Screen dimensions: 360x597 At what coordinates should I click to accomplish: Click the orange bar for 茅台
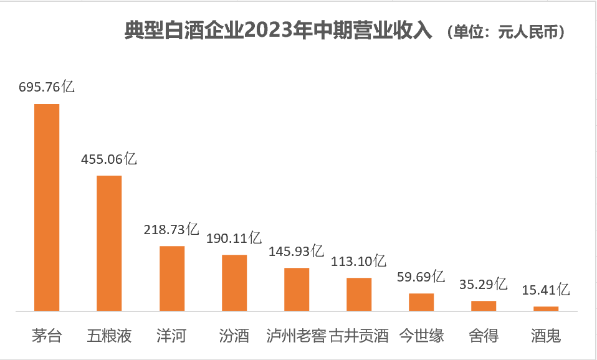47,207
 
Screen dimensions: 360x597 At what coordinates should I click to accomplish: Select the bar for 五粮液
109,243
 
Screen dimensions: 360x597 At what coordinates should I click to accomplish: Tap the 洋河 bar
172,278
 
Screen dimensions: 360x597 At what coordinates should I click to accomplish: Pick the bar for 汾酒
234,283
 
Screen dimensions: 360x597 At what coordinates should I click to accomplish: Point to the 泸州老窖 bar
297,289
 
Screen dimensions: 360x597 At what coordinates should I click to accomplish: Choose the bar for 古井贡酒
359,294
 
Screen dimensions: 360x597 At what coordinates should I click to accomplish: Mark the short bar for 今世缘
421,302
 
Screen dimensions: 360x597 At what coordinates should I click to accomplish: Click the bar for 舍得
484,306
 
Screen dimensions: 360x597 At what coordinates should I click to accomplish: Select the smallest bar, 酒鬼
546,308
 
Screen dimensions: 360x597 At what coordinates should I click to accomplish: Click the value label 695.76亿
47,87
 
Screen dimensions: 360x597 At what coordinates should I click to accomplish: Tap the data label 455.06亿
109,159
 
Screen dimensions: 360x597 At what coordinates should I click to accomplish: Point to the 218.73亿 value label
171,229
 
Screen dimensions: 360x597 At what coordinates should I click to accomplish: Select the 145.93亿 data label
296,252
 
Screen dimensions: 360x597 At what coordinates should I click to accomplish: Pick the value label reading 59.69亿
421,277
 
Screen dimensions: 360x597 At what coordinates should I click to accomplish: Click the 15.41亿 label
545,290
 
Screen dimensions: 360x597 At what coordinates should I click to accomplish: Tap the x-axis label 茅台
47,336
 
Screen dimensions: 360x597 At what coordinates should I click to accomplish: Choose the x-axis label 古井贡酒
359,336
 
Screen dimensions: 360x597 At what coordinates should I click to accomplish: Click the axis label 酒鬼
546,336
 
